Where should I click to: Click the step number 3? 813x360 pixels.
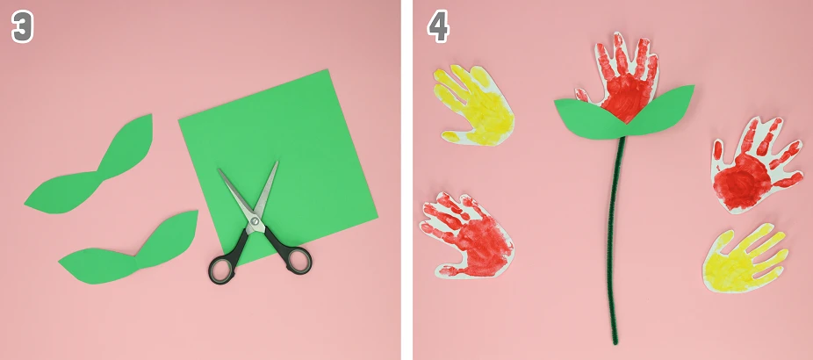[22, 27]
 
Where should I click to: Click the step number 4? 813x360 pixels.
[437, 27]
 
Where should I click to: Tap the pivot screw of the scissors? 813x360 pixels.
[255, 221]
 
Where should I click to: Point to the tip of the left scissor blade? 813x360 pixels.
[219, 169]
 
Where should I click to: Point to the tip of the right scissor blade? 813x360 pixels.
[277, 162]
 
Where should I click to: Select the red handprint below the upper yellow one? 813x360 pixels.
[468, 236]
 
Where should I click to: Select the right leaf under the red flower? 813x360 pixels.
[661, 111]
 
